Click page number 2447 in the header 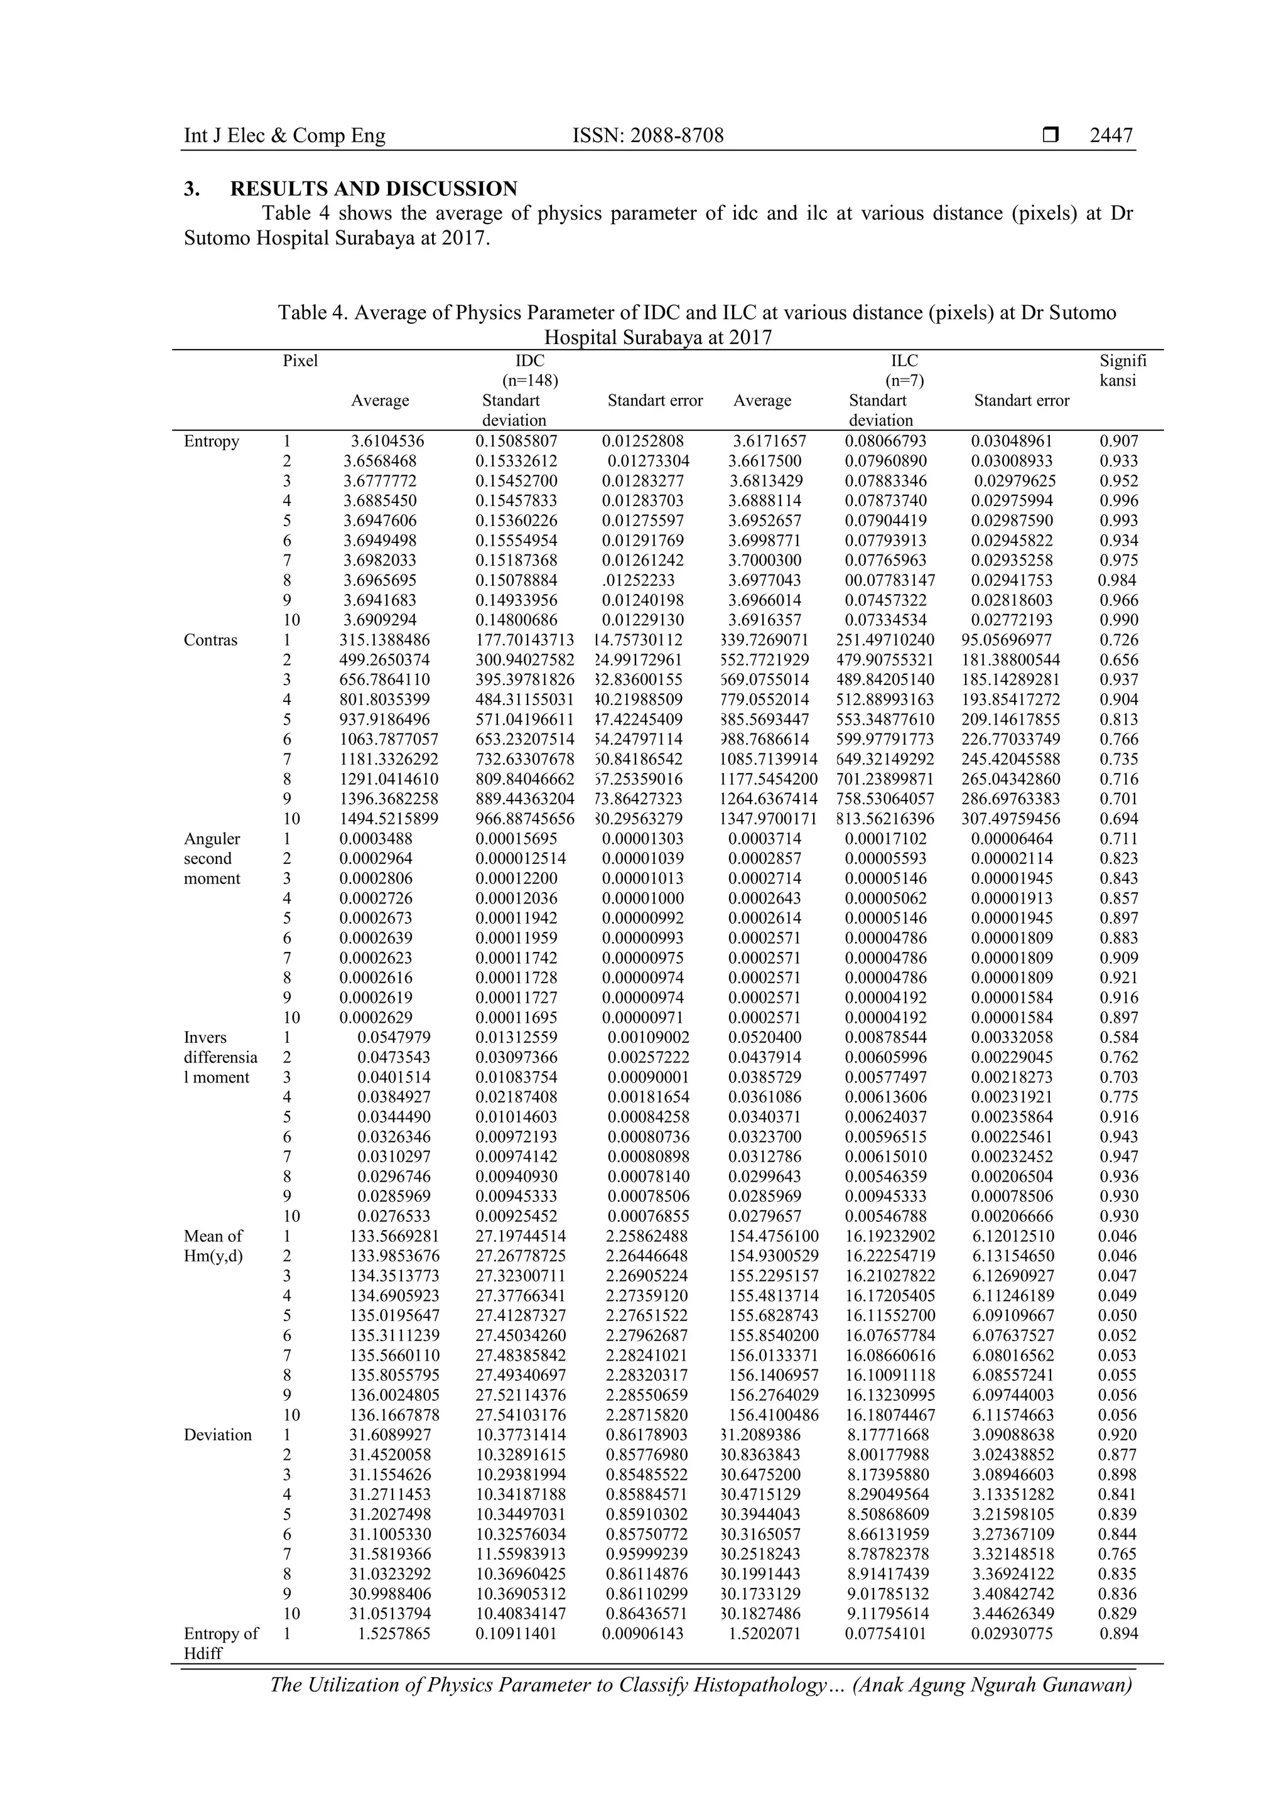pyautogui.click(x=1111, y=136)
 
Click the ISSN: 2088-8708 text pyautogui.click(x=647, y=136)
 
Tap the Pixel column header pyautogui.click(x=300, y=361)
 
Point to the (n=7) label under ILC pyautogui.click(x=904, y=381)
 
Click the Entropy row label pyautogui.click(x=212, y=441)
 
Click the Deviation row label pyautogui.click(x=218, y=1435)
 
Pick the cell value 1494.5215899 pyautogui.click(x=389, y=819)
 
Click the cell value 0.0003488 pyautogui.click(x=376, y=839)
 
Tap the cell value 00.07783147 pyautogui.click(x=890, y=581)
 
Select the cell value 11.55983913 pyautogui.click(x=521, y=1555)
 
